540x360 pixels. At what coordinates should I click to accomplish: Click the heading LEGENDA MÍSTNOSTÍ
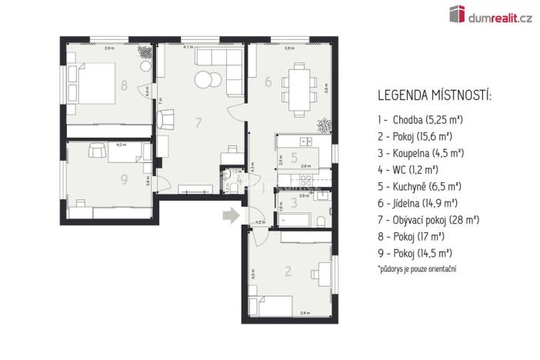(x=435, y=96)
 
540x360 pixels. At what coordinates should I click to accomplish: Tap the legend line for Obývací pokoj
(x=428, y=219)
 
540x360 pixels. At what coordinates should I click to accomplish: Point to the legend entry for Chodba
(x=415, y=120)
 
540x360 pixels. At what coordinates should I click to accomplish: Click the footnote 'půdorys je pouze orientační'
(x=416, y=268)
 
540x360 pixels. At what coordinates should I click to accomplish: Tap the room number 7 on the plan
(x=198, y=122)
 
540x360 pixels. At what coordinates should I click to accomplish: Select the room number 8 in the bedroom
(x=124, y=85)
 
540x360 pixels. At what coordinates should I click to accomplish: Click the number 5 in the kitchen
(x=295, y=158)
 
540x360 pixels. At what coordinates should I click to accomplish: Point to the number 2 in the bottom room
(x=288, y=270)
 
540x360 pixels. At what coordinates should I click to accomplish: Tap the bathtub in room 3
(x=299, y=222)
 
